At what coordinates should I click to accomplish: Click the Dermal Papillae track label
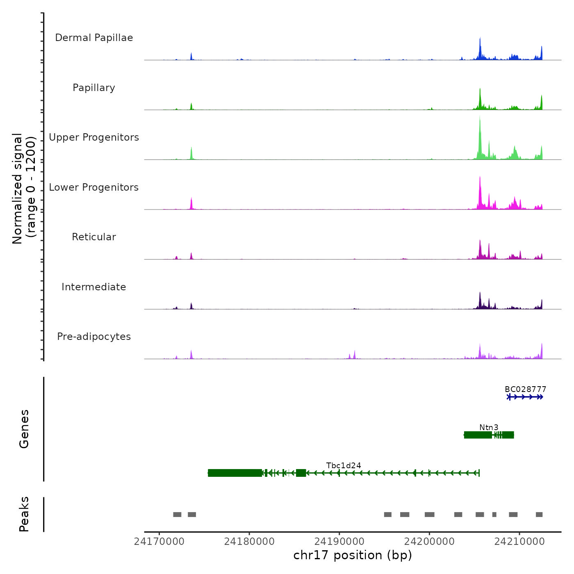94,38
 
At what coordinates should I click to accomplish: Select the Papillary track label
94,88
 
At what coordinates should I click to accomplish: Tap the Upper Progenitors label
94,137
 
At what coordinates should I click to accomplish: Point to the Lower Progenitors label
94,187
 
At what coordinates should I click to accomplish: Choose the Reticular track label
94,237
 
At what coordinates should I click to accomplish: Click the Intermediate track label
94,287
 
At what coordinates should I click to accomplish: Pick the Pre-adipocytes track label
94,337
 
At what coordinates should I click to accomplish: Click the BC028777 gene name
525,389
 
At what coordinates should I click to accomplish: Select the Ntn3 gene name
489,427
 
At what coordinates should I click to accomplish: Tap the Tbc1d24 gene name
344,465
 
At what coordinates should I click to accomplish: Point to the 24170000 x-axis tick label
159,542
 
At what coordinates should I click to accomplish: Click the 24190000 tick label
339,542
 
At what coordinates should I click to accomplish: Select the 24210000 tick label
519,542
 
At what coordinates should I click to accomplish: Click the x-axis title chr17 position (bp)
353,556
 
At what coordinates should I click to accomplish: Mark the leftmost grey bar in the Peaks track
177,515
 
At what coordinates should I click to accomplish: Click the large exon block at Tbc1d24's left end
235,473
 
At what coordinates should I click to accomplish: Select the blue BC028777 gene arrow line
525,397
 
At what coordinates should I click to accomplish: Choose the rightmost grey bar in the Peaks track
539,515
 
